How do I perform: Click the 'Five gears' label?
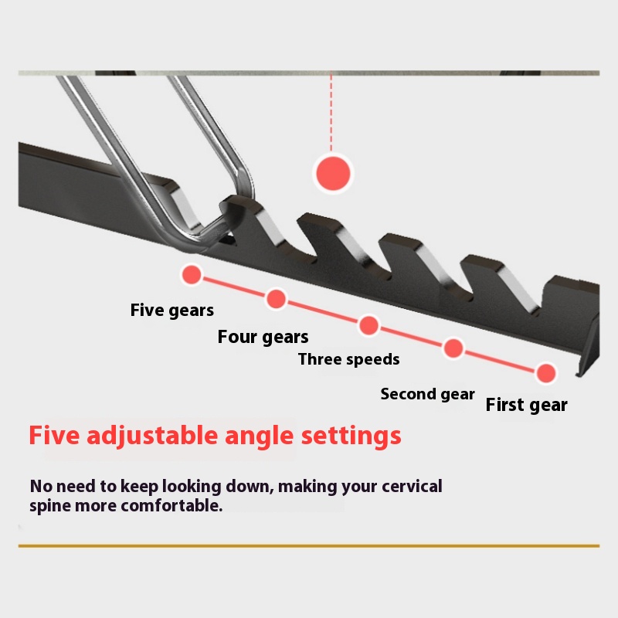pyautogui.click(x=171, y=311)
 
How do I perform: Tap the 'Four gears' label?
pyautogui.click(x=263, y=338)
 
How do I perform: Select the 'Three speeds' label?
pyautogui.click(x=349, y=359)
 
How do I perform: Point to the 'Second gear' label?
pyautogui.click(x=428, y=394)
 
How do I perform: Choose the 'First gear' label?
pyautogui.click(x=527, y=405)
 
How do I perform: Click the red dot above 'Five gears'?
pyautogui.click(x=192, y=274)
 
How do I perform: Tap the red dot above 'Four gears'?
pyautogui.click(x=277, y=299)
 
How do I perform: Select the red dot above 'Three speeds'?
pyautogui.click(x=369, y=325)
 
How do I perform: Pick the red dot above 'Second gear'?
pyautogui.click(x=453, y=348)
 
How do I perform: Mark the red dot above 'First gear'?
pyautogui.click(x=546, y=373)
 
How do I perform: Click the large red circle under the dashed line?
pyautogui.click(x=333, y=173)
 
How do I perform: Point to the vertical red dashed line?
pyautogui.click(x=331, y=113)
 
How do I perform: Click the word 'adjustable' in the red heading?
pyautogui.click(x=152, y=436)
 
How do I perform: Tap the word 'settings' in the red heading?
pyautogui.click(x=351, y=436)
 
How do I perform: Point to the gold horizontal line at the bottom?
pyautogui.click(x=309, y=546)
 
